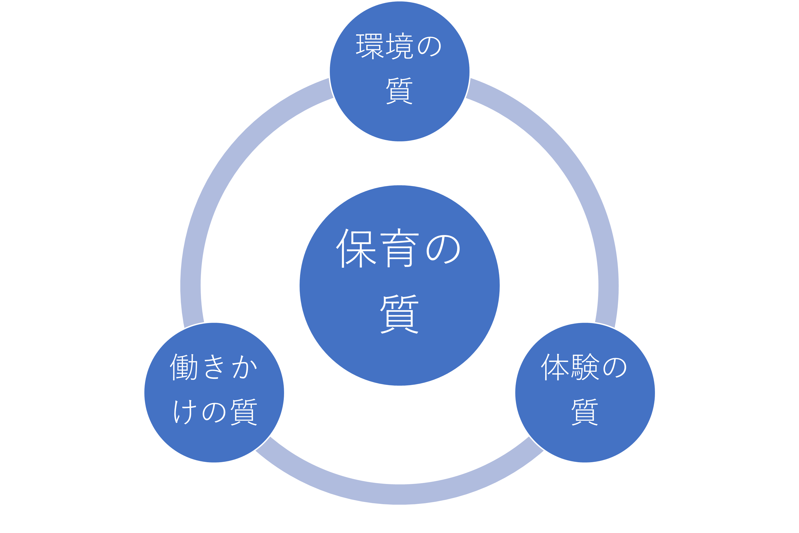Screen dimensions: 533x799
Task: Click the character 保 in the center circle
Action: (356, 248)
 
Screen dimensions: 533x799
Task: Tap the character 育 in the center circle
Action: (400, 248)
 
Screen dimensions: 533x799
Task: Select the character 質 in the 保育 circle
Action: (399, 314)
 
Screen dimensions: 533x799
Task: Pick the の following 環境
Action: (429, 46)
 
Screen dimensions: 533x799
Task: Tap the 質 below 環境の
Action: (399, 91)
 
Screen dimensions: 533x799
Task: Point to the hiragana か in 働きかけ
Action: (244, 367)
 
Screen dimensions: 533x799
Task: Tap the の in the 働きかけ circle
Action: (214, 412)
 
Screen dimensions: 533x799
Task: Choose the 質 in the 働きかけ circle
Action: (244, 412)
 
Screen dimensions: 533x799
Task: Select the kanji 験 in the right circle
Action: (585, 367)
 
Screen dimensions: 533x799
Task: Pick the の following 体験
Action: (614, 367)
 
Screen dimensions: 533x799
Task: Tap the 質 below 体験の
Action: (585, 412)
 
